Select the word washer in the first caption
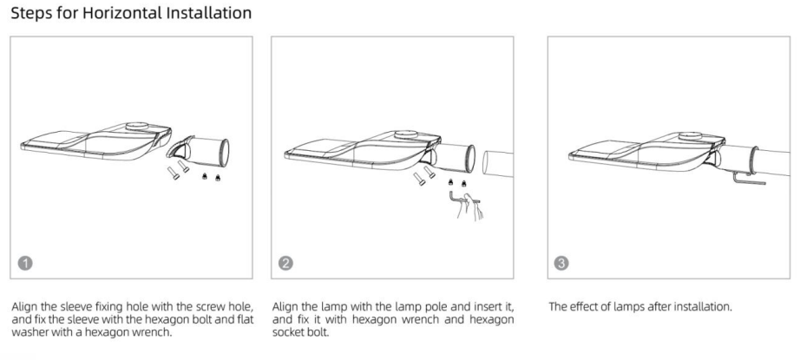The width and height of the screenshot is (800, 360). click(x=30, y=330)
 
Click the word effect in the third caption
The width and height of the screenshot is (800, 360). click(x=583, y=306)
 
